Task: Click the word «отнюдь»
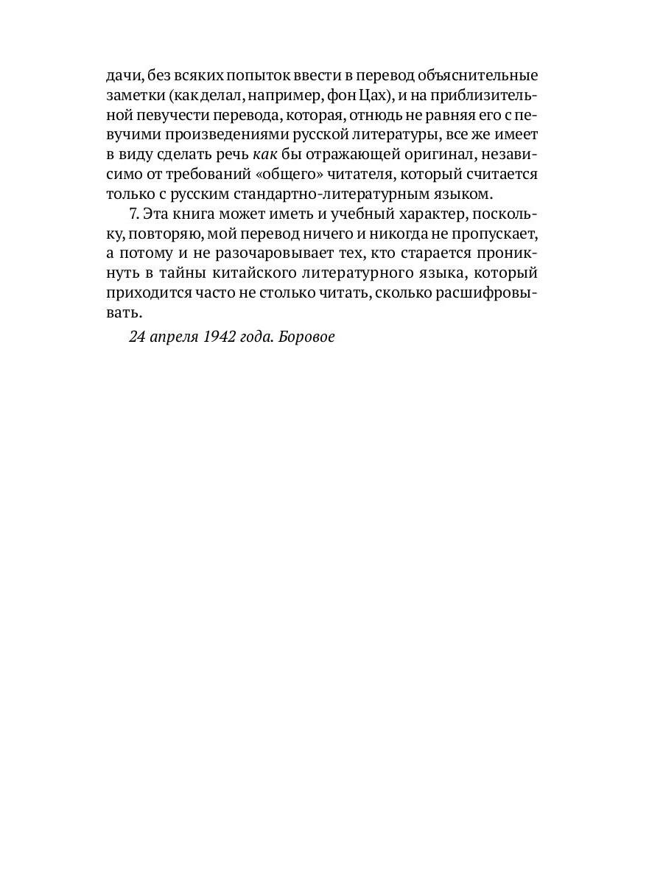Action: click(362, 115)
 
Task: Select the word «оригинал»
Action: click(425, 155)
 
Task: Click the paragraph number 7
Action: click(133, 214)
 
